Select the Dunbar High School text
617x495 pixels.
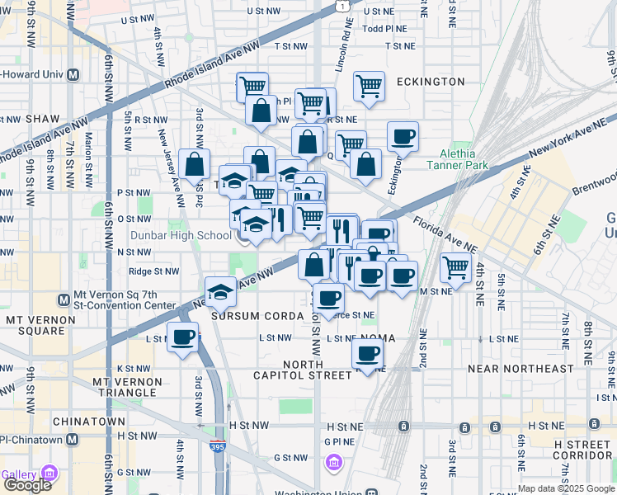click(192, 235)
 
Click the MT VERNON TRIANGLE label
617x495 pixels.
click(125, 388)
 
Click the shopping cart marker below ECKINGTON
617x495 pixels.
click(370, 86)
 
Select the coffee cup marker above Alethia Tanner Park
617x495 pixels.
click(403, 136)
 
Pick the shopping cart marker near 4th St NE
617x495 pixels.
click(456, 267)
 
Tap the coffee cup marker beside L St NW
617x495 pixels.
click(183, 337)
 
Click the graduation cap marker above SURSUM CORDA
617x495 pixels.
click(221, 291)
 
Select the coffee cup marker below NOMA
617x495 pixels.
click(368, 354)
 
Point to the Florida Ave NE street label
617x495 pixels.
click(446, 233)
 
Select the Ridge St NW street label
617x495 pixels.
click(153, 271)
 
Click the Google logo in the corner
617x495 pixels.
click(27, 484)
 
